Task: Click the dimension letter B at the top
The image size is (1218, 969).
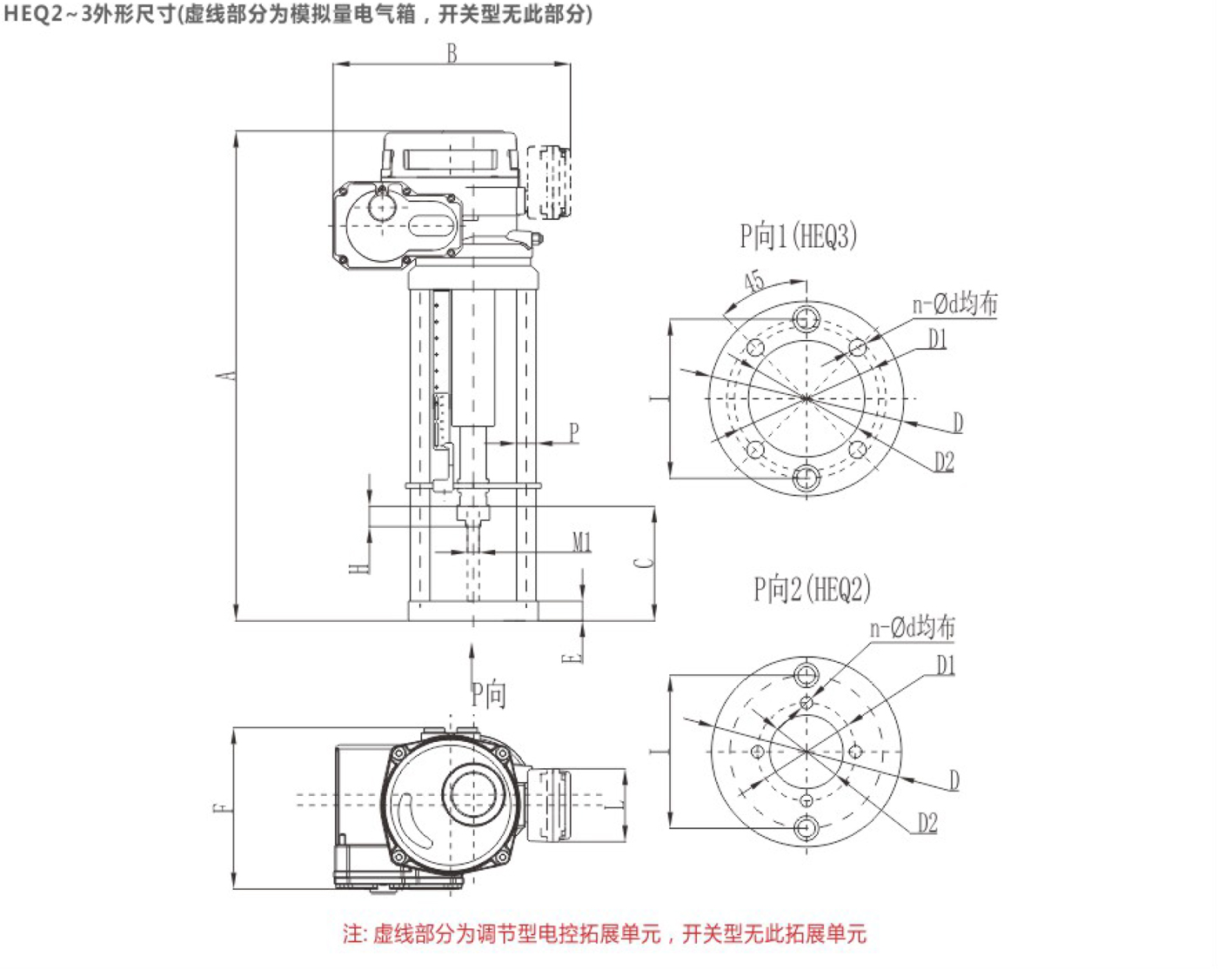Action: click(452, 53)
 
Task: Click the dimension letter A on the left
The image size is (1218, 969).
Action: click(226, 376)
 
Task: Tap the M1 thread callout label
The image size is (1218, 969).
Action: click(582, 543)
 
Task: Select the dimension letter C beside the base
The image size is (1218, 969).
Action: click(643, 562)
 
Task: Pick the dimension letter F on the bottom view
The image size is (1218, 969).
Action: click(223, 808)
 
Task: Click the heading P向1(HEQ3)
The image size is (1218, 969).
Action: click(798, 237)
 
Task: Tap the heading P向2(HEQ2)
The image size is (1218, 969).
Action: click(811, 590)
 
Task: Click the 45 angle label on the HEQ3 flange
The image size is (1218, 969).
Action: click(754, 281)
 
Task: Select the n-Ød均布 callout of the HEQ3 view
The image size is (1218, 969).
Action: click(954, 304)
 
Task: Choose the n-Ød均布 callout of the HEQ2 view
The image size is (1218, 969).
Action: click(912, 627)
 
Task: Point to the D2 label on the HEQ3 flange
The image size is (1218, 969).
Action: click(944, 462)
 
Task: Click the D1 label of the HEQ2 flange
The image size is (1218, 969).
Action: click(946, 665)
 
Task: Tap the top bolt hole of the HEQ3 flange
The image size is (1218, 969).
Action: click(806, 318)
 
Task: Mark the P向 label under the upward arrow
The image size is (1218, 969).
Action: click(488, 694)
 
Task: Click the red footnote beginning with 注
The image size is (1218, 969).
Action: click(605, 934)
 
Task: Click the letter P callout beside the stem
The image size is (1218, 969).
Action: click(573, 432)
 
